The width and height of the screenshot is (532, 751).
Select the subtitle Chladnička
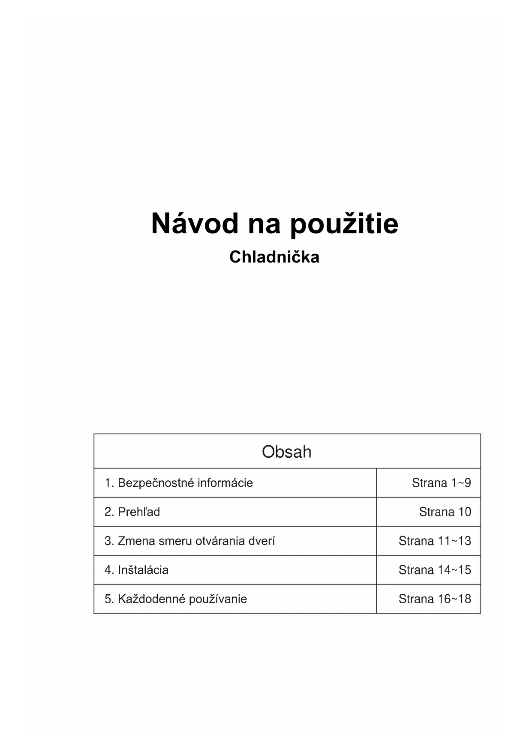click(x=274, y=257)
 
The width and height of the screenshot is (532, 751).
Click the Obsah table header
click(x=287, y=452)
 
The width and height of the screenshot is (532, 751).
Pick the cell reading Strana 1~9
click(x=441, y=483)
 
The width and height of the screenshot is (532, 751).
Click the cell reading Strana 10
click(x=445, y=512)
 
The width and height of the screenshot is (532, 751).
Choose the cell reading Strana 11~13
click(x=435, y=541)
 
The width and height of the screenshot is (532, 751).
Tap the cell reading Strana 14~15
click(x=435, y=570)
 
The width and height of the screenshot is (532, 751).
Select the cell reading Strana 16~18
click(x=435, y=599)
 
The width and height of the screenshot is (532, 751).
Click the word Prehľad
click(x=139, y=512)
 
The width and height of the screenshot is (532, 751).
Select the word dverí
click(x=262, y=541)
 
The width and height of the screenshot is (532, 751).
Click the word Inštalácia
click(x=143, y=570)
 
